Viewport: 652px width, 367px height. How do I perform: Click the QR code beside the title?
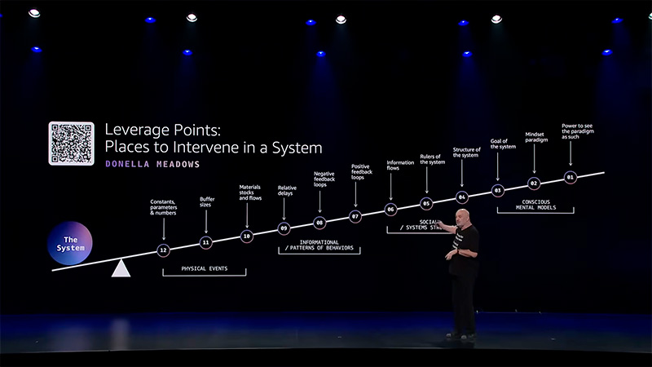coord(71,144)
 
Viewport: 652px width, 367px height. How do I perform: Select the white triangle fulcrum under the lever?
coord(121,268)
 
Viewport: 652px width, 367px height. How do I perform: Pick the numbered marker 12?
coord(164,250)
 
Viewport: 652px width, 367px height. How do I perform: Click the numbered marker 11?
coord(205,242)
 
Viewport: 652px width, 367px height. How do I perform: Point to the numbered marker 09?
coord(284,228)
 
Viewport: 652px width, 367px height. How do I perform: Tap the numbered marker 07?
coord(355,216)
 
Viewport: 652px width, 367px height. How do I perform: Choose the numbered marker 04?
coord(462,197)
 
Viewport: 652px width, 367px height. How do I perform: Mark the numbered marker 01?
coord(570,177)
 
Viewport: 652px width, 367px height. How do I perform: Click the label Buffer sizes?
coord(207,202)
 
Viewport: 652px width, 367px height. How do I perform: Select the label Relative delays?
coord(286,192)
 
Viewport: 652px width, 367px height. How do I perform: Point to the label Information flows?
coord(399,166)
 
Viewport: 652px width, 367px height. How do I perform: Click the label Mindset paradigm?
coord(535,138)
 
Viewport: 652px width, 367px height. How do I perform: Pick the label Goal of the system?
coord(501,144)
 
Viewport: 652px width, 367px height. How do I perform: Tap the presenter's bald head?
coord(462,215)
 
